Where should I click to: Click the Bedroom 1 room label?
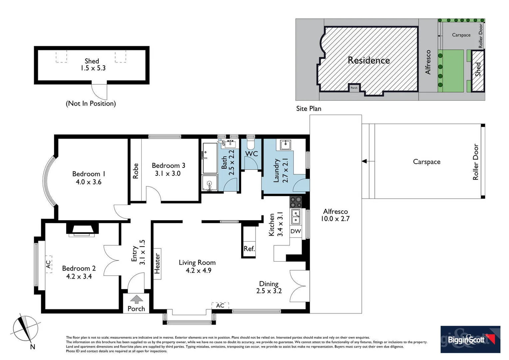pos(89,174)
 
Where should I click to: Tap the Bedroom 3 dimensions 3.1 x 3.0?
pos(168,173)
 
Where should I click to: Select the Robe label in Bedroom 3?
pos(136,171)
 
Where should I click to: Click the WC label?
pos(252,154)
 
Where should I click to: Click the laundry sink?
pos(285,145)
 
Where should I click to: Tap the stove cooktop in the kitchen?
pos(296,202)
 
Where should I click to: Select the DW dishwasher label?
pos(295,231)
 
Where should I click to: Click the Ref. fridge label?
pos(249,249)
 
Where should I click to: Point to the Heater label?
pos(157,263)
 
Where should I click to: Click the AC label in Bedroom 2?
pos(49,264)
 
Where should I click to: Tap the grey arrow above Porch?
pos(136,299)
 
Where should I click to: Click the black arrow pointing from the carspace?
pos(364,161)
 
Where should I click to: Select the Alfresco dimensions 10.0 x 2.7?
pos(335,219)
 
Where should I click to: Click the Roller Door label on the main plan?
pos(476,162)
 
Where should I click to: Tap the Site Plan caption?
pos(309,109)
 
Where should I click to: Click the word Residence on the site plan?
pos(369,60)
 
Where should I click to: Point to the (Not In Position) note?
pos(91,103)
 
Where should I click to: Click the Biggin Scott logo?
pos(470,339)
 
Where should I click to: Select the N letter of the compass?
pos(33,347)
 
